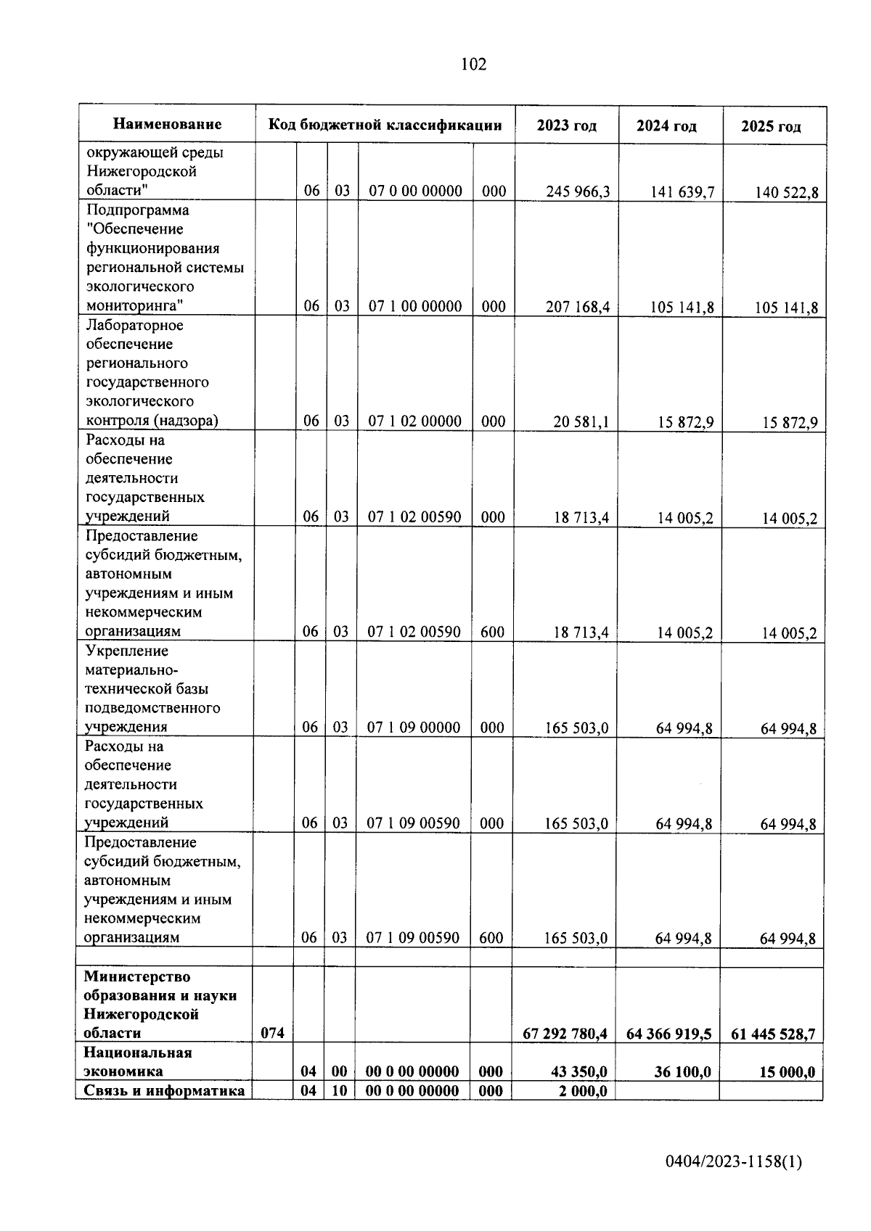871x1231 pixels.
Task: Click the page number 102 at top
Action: click(473, 65)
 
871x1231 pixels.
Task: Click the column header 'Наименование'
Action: click(167, 125)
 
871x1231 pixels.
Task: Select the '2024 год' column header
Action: click(666, 126)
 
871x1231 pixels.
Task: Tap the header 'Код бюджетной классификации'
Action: click(385, 125)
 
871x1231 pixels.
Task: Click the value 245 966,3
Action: click(578, 192)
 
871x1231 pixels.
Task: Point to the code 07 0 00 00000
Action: click(415, 192)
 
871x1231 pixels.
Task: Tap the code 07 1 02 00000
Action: click(414, 421)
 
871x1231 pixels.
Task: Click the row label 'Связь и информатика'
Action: click(164, 1091)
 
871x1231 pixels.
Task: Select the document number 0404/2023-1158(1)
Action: click(733, 1162)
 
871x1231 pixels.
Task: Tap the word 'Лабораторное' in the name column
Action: click(134, 326)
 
